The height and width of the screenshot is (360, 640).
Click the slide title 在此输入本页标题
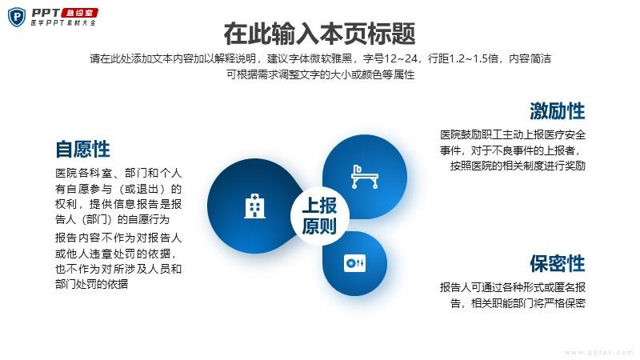coord(319,34)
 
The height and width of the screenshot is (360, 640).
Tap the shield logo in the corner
coord(17,17)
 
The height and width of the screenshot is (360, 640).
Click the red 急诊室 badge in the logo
coord(79,13)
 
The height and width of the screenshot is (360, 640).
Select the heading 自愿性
coord(83,149)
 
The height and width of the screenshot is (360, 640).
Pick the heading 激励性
coord(557,111)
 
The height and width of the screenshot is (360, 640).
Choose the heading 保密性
coord(557,263)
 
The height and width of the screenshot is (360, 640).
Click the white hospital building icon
coord(254,206)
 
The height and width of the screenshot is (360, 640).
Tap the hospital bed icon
coord(365,176)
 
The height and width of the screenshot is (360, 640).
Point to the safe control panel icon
coord(354,263)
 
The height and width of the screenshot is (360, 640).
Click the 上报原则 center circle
coord(319,215)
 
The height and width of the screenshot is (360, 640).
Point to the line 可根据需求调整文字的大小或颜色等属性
coord(321,74)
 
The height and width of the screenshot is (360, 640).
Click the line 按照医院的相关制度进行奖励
coord(518,166)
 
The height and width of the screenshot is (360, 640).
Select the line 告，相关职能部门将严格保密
coord(518,303)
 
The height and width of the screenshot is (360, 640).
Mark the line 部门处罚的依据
coord(91,284)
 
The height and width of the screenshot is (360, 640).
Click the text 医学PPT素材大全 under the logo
coord(63,23)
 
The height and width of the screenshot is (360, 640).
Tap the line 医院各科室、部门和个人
coord(118,173)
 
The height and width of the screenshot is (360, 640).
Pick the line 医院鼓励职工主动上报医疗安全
coord(513,134)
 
